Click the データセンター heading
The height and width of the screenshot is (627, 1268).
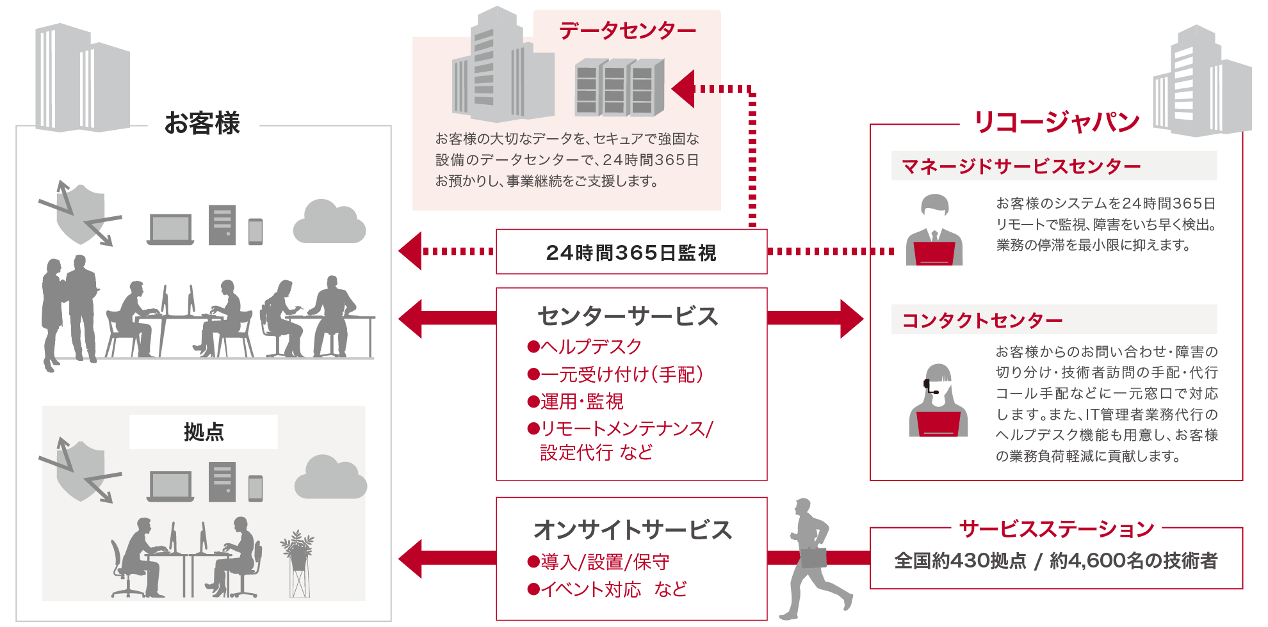pyautogui.click(x=627, y=30)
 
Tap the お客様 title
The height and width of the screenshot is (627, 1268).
pyautogui.click(x=202, y=123)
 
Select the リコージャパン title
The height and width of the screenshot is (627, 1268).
pyautogui.click(x=1057, y=122)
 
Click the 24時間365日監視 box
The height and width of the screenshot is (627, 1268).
pyautogui.click(x=631, y=252)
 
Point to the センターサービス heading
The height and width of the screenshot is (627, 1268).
pyautogui.click(x=628, y=316)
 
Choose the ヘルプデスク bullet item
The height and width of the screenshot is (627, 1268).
pyautogui.click(x=584, y=347)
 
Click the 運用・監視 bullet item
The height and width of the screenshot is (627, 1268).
pyautogui.click(x=575, y=401)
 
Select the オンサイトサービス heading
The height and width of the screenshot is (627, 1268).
pyautogui.click(x=632, y=530)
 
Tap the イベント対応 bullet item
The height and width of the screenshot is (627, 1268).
pyautogui.click(x=584, y=589)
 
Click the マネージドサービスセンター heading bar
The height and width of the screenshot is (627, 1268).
pyautogui.click(x=1053, y=166)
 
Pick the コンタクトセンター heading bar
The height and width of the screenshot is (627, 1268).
pyautogui.click(x=1053, y=319)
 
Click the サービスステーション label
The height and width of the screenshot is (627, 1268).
pyautogui.click(x=1057, y=528)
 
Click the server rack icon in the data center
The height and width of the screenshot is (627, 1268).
pyautogui.click(x=619, y=88)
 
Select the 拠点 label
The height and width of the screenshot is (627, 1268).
pyautogui.click(x=204, y=432)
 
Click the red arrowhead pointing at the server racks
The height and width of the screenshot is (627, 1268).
pyautogui.click(x=684, y=88)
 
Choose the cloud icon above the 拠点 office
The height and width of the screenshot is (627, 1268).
pyautogui.click(x=330, y=478)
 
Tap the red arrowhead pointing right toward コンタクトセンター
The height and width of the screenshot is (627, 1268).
pyautogui.click(x=852, y=318)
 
